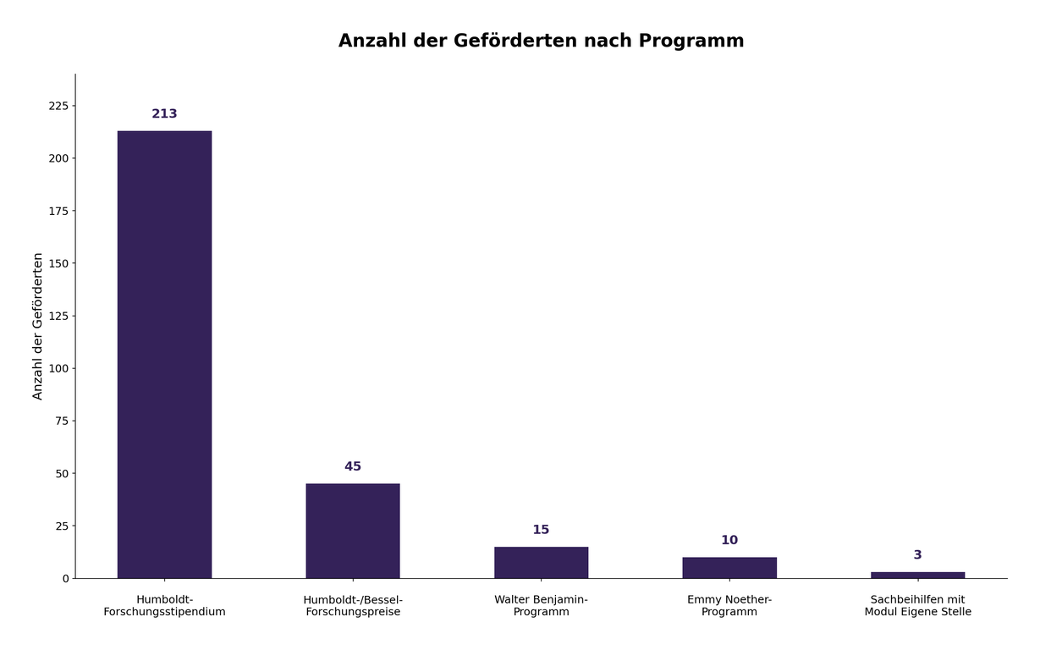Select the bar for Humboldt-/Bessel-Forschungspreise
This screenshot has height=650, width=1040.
(353, 531)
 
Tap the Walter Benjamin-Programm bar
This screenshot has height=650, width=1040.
(541, 562)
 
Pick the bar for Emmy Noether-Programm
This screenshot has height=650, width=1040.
(729, 567)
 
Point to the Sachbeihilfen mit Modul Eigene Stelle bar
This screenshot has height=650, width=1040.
(917, 575)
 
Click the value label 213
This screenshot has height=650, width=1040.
(164, 114)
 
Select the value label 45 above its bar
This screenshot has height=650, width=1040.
(353, 467)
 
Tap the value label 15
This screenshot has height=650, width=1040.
(541, 530)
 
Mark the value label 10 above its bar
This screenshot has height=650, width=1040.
(729, 541)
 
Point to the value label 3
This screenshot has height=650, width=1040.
(917, 555)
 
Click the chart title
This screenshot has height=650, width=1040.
(541, 41)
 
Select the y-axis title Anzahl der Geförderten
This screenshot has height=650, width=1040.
(38, 326)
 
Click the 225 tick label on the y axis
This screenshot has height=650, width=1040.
(58, 106)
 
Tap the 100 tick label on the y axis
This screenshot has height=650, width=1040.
(58, 368)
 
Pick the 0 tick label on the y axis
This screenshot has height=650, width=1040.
(64, 579)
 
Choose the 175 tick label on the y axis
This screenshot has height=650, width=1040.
(58, 211)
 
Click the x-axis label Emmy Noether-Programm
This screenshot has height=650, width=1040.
(729, 606)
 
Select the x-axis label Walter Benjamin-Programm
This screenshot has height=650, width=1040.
(541, 606)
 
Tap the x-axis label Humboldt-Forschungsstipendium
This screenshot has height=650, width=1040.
(164, 606)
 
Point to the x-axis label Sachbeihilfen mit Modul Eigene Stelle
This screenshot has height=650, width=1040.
(917, 606)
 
